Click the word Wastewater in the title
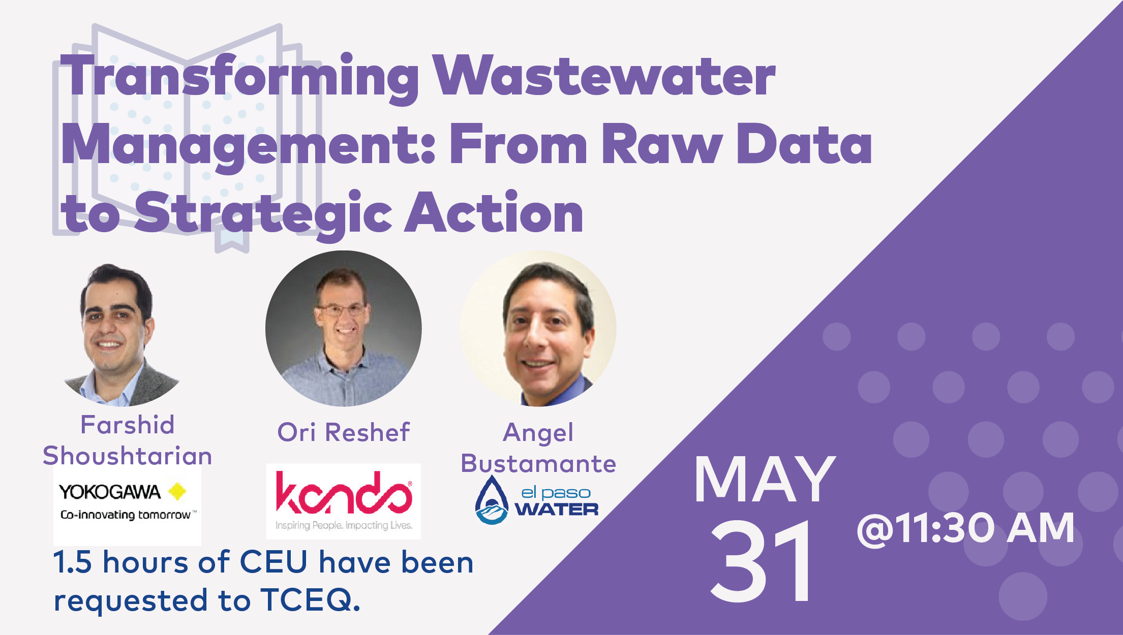604,76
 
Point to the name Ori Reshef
343,432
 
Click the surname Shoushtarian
127,455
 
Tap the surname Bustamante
538,463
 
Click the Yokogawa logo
127,504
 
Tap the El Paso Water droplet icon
492,500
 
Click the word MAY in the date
765,479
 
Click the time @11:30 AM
965,528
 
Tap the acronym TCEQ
310,600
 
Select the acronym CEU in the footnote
274,562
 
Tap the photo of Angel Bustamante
538,329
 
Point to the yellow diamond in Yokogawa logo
177,491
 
